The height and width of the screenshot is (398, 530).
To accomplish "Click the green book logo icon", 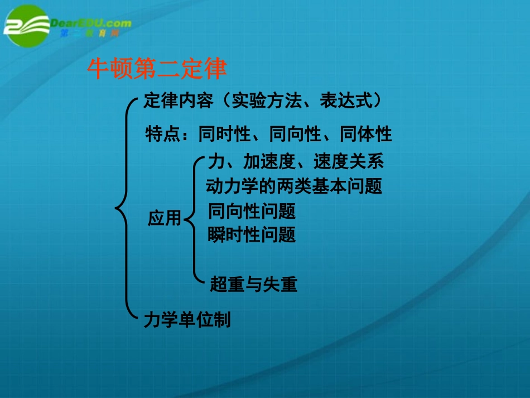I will [x=26, y=26].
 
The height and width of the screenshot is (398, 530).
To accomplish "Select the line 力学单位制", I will [x=186, y=320].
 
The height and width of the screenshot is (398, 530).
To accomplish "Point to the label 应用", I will [x=165, y=218].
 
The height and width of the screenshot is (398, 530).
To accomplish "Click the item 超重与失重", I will [x=253, y=285].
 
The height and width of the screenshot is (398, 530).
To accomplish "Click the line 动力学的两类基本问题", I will [x=294, y=186].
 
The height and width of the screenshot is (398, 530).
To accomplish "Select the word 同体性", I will [x=365, y=135].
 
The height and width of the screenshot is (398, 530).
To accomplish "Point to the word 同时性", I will [x=224, y=135].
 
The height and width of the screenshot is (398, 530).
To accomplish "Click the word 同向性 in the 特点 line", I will [x=295, y=135].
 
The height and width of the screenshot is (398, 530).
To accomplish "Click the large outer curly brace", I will [x=126, y=209].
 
